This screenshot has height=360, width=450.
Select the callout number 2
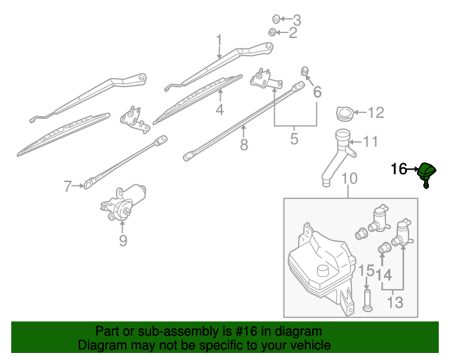pyautogui.click(x=294, y=32)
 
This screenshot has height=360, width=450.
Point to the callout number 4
pyautogui.click(x=219, y=110)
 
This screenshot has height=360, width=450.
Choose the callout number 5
pyautogui.click(x=294, y=139)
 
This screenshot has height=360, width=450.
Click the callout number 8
pyautogui.click(x=244, y=146)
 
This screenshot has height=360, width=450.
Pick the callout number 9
pyautogui.click(x=122, y=241)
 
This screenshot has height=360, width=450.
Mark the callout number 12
pyautogui.click(x=376, y=112)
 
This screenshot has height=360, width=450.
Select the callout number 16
pyautogui.click(x=399, y=169)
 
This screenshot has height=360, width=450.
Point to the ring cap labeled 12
pyautogui.click(x=345, y=112)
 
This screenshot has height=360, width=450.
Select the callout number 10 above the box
pyautogui.click(x=349, y=181)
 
